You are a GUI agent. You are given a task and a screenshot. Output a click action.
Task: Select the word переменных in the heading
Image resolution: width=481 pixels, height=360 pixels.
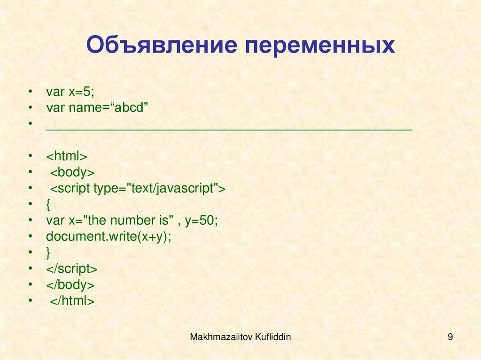319,46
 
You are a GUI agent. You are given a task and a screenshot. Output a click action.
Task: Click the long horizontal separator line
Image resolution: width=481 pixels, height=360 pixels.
229,128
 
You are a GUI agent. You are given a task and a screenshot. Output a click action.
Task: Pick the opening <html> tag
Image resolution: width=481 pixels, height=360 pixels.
67,156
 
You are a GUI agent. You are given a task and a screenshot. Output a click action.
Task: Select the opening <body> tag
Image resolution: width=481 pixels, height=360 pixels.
73,172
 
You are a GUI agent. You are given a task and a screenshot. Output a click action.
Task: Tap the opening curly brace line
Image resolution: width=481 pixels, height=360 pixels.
48,204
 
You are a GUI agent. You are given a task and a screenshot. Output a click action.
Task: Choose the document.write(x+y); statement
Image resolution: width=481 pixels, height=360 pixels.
109,236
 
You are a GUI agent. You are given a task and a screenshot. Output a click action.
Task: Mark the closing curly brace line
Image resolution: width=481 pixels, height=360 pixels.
48,253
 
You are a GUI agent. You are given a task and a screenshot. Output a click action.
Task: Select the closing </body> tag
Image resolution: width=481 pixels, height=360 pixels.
70,285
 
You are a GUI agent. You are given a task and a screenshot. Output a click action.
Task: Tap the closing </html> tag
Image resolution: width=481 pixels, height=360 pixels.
73,301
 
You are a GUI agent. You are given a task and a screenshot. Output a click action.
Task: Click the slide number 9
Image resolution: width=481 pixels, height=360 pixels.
450,336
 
